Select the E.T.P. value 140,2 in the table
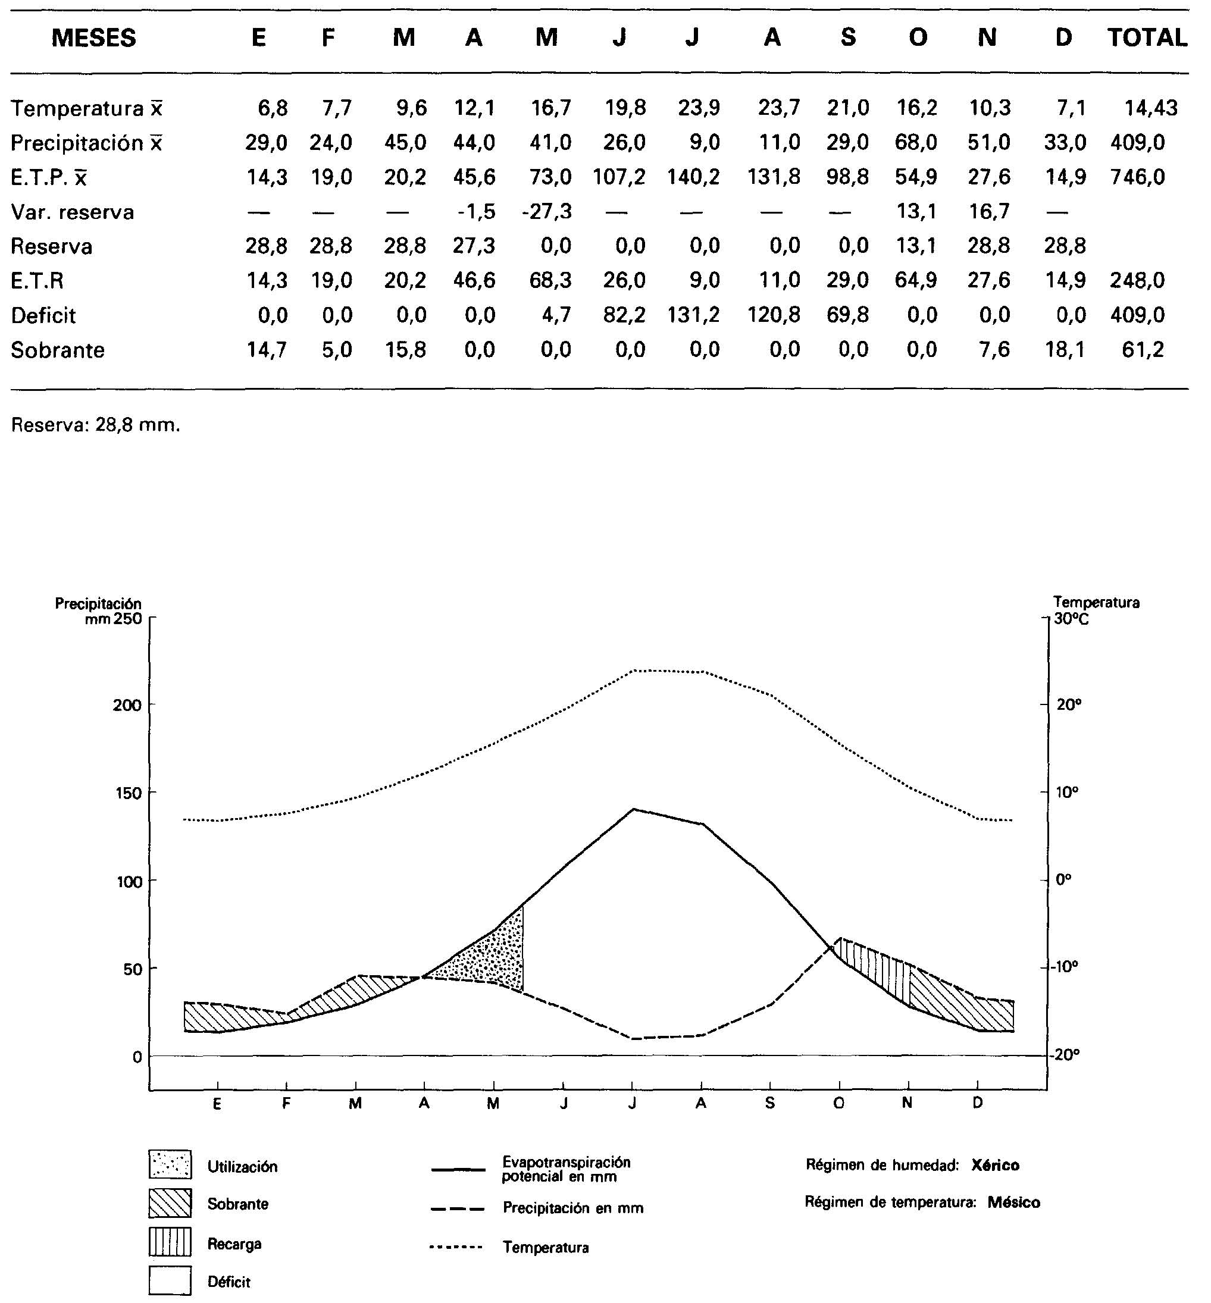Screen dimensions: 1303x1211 [x=693, y=177]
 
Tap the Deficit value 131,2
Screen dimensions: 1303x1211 [x=693, y=315]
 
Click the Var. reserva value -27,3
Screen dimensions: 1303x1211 [x=547, y=212]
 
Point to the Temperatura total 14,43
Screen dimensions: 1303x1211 [x=1151, y=108]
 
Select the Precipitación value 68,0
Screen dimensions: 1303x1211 [x=916, y=142]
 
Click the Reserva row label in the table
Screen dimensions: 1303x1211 [x=52, y=246]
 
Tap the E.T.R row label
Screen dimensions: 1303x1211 [x=37, y=281]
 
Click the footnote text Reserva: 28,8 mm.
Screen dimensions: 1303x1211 [x=96, y=425]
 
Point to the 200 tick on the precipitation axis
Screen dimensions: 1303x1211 [x=127, y=706]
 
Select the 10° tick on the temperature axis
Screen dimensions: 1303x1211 [x=1068, y=793]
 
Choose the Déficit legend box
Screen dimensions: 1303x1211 [x=170, y=1281]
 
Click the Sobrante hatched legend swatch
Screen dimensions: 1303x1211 [x=170, y=1204]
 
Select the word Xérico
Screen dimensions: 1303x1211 [x=996, y=1166]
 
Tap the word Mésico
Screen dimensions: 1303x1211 [x=1014, y=1203]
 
